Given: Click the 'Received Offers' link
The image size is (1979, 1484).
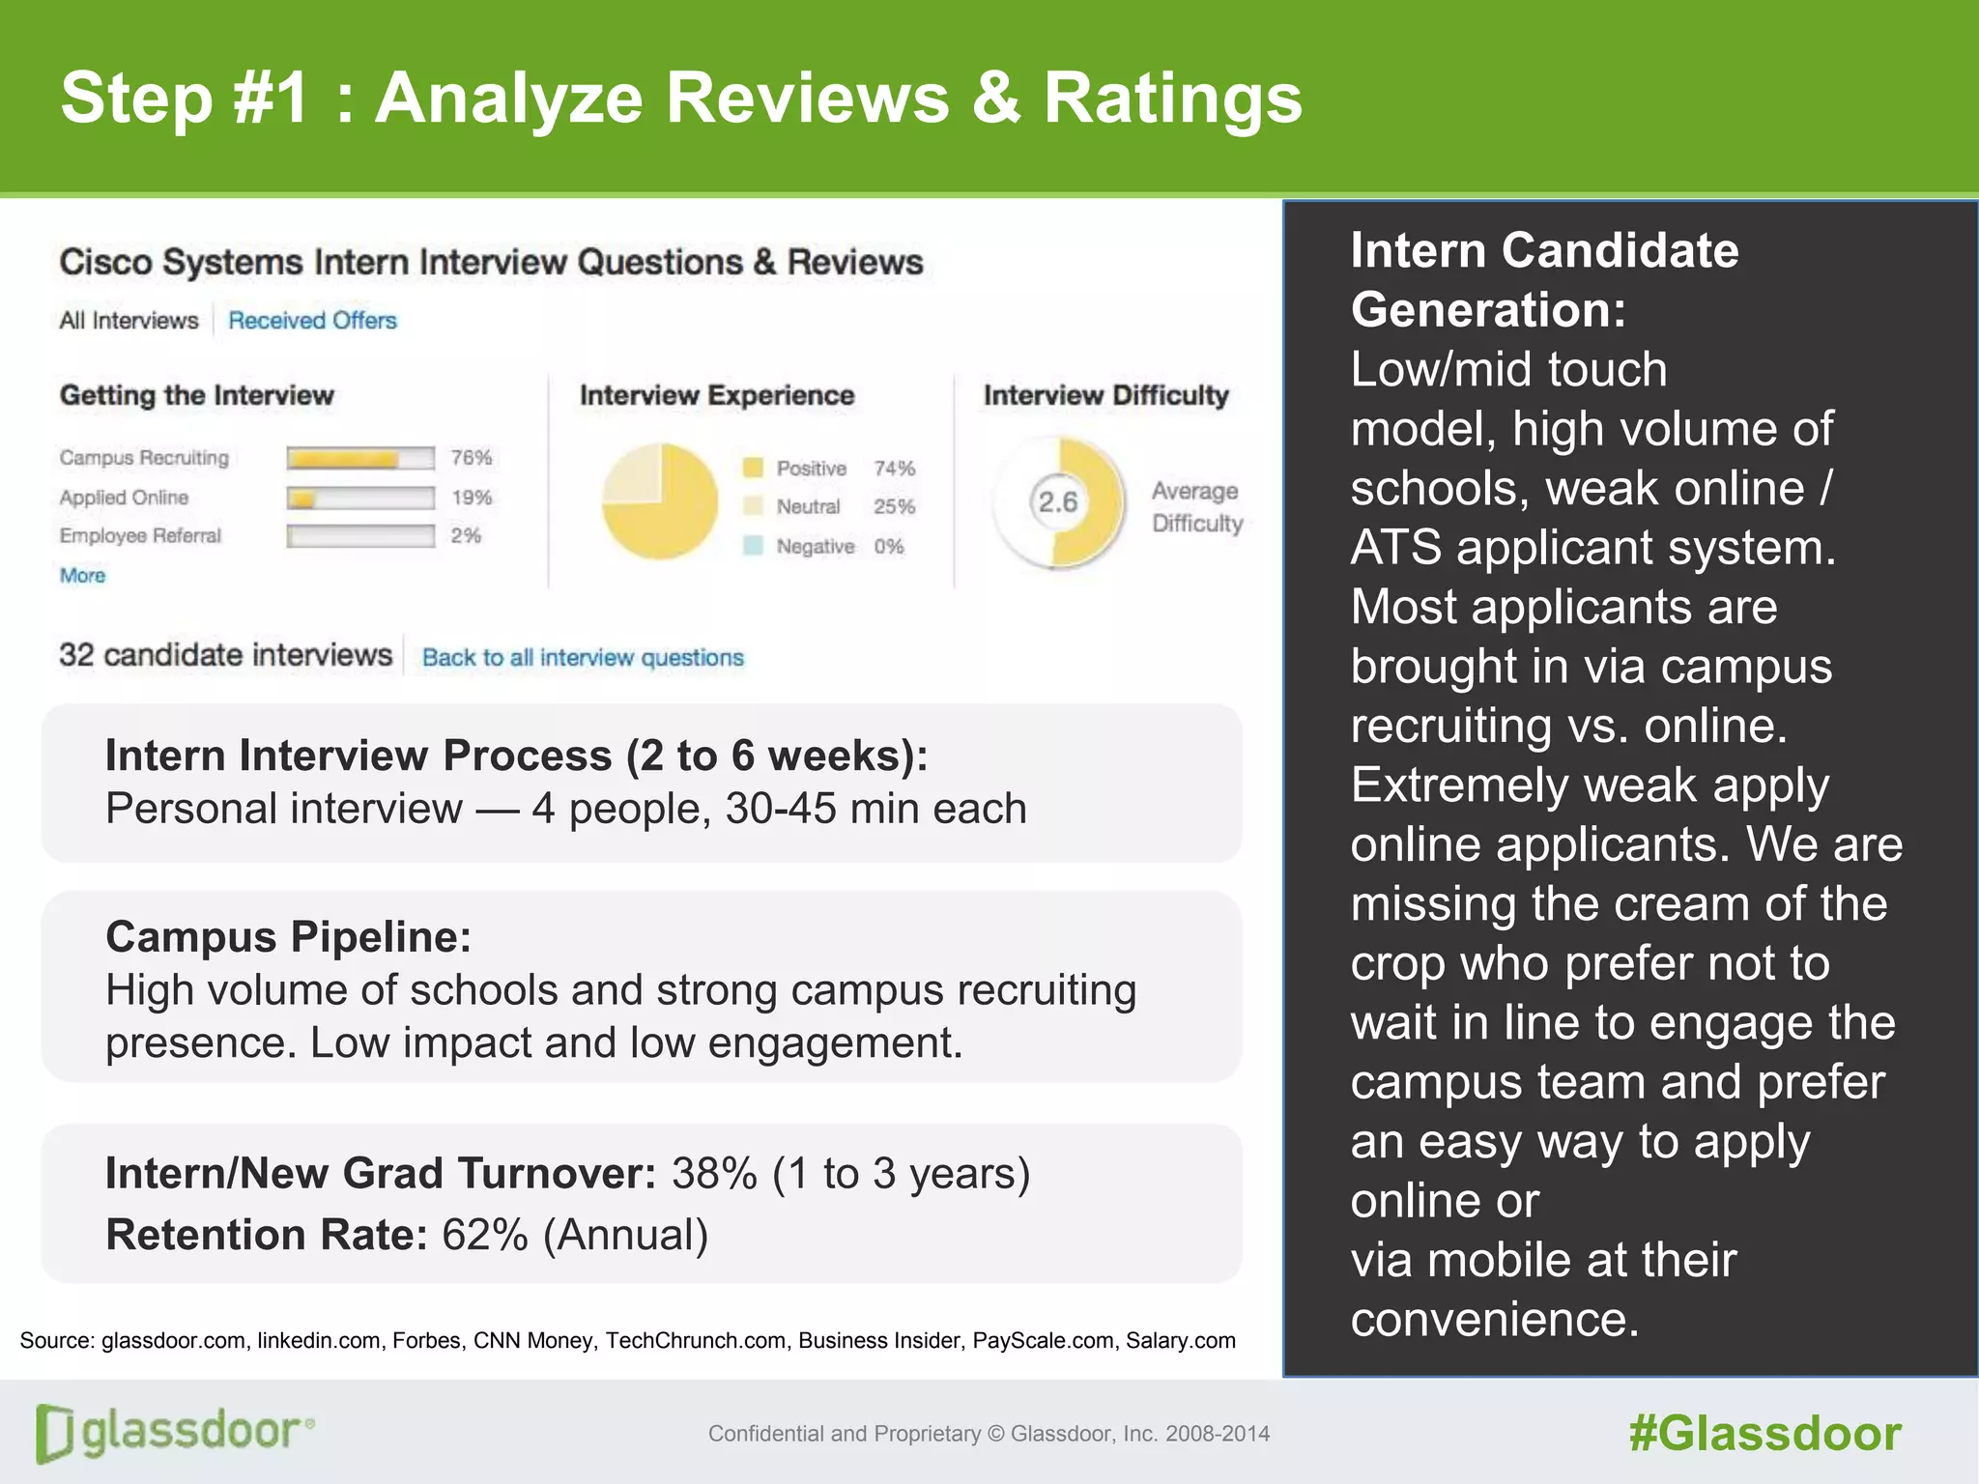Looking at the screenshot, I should point(312,320).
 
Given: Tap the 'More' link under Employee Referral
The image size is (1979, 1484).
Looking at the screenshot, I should point(82,576).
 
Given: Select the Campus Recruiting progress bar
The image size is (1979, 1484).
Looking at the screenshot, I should point(360,458).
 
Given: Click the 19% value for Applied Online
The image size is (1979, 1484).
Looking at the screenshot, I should point(472,498).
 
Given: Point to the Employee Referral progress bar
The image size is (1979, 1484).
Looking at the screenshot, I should point(360,536).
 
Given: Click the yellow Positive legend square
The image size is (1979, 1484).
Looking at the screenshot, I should point(753,468).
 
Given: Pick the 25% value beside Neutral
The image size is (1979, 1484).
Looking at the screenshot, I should point(894,506).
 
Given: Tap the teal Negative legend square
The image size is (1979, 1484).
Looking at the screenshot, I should point(753,546).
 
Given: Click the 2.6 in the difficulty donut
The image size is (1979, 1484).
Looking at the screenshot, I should point(1057,501).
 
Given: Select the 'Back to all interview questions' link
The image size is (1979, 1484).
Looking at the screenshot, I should point(583,658).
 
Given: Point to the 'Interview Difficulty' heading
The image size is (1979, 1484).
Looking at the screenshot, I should point(1105,395).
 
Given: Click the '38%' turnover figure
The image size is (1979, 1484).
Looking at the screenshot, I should point(714,1174).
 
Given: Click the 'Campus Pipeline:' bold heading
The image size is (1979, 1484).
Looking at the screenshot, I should point(288,937).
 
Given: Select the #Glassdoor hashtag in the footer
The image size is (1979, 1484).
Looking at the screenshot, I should point(1764,1434).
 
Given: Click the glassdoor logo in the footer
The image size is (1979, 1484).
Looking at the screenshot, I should point(175,1433).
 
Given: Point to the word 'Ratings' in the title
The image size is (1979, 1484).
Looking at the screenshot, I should point(1172,99).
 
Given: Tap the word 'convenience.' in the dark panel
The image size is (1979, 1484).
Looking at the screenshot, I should point(1494,1320).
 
